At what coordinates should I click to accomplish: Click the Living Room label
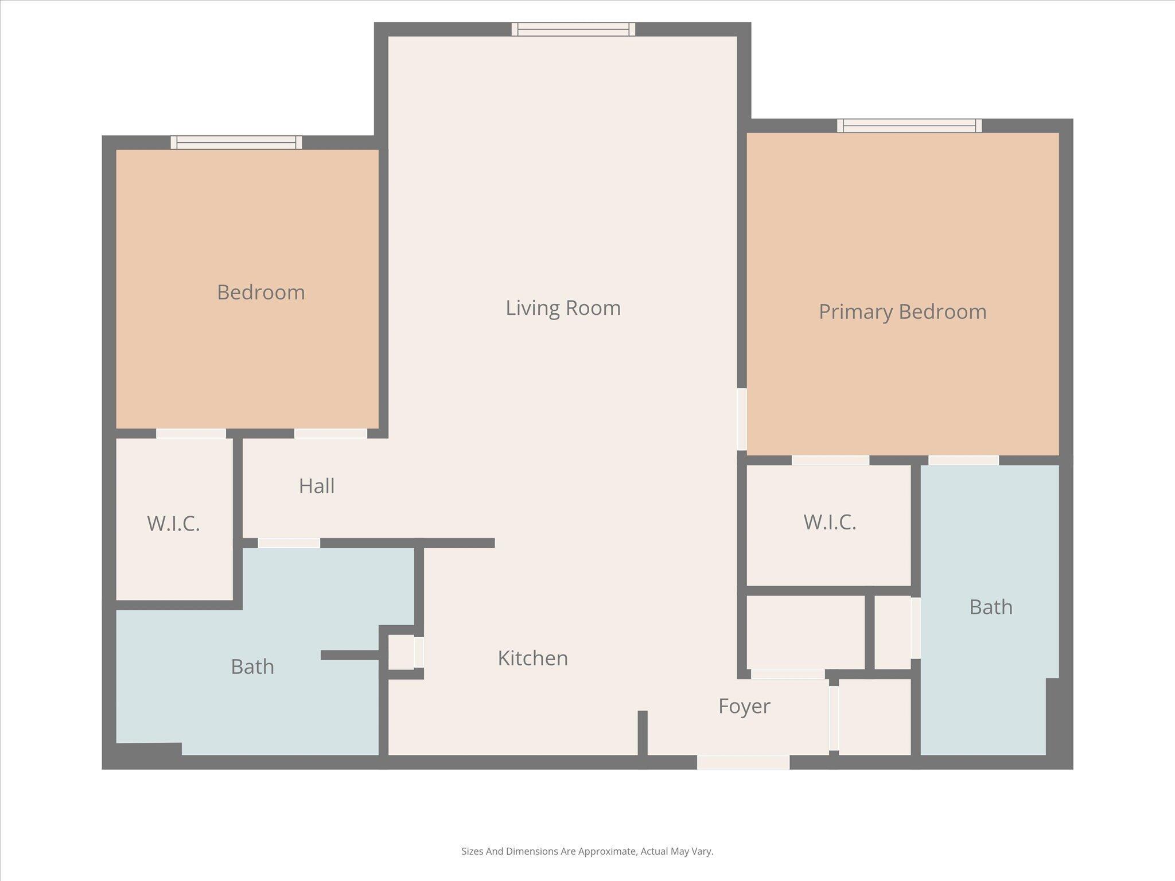[x=563, y=308]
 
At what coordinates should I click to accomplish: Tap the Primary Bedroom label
[x=902, y=312]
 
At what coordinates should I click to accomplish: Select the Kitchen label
[x=532, y=658]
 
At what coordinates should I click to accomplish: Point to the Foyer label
[x=744, y=706]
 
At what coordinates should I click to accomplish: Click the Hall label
[x=317, y=486]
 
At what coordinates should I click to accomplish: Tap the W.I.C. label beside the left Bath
[x=173, y=524]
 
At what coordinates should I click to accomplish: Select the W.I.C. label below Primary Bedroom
[x=830, y=523]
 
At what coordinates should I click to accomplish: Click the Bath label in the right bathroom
[x=991, y=607]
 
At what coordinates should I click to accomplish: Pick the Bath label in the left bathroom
[x=252, y=667]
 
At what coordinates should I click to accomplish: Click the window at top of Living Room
[x=573, y=29]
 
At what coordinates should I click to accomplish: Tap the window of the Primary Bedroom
[x=909, y=126]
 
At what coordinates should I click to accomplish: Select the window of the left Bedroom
[x=236, y=142]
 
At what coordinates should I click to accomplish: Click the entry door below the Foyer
[x=743, y=762]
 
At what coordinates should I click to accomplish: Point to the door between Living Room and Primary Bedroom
[x=742, y=419]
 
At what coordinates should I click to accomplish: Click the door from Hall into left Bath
[x=289, y=543]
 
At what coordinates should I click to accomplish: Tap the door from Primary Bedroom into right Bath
[x=963, y=460]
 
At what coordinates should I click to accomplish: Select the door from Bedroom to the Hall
[x=330, y=434]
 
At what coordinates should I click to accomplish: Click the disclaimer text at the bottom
[x=587, y=851]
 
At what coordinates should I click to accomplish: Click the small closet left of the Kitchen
[x=401, y=652]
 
